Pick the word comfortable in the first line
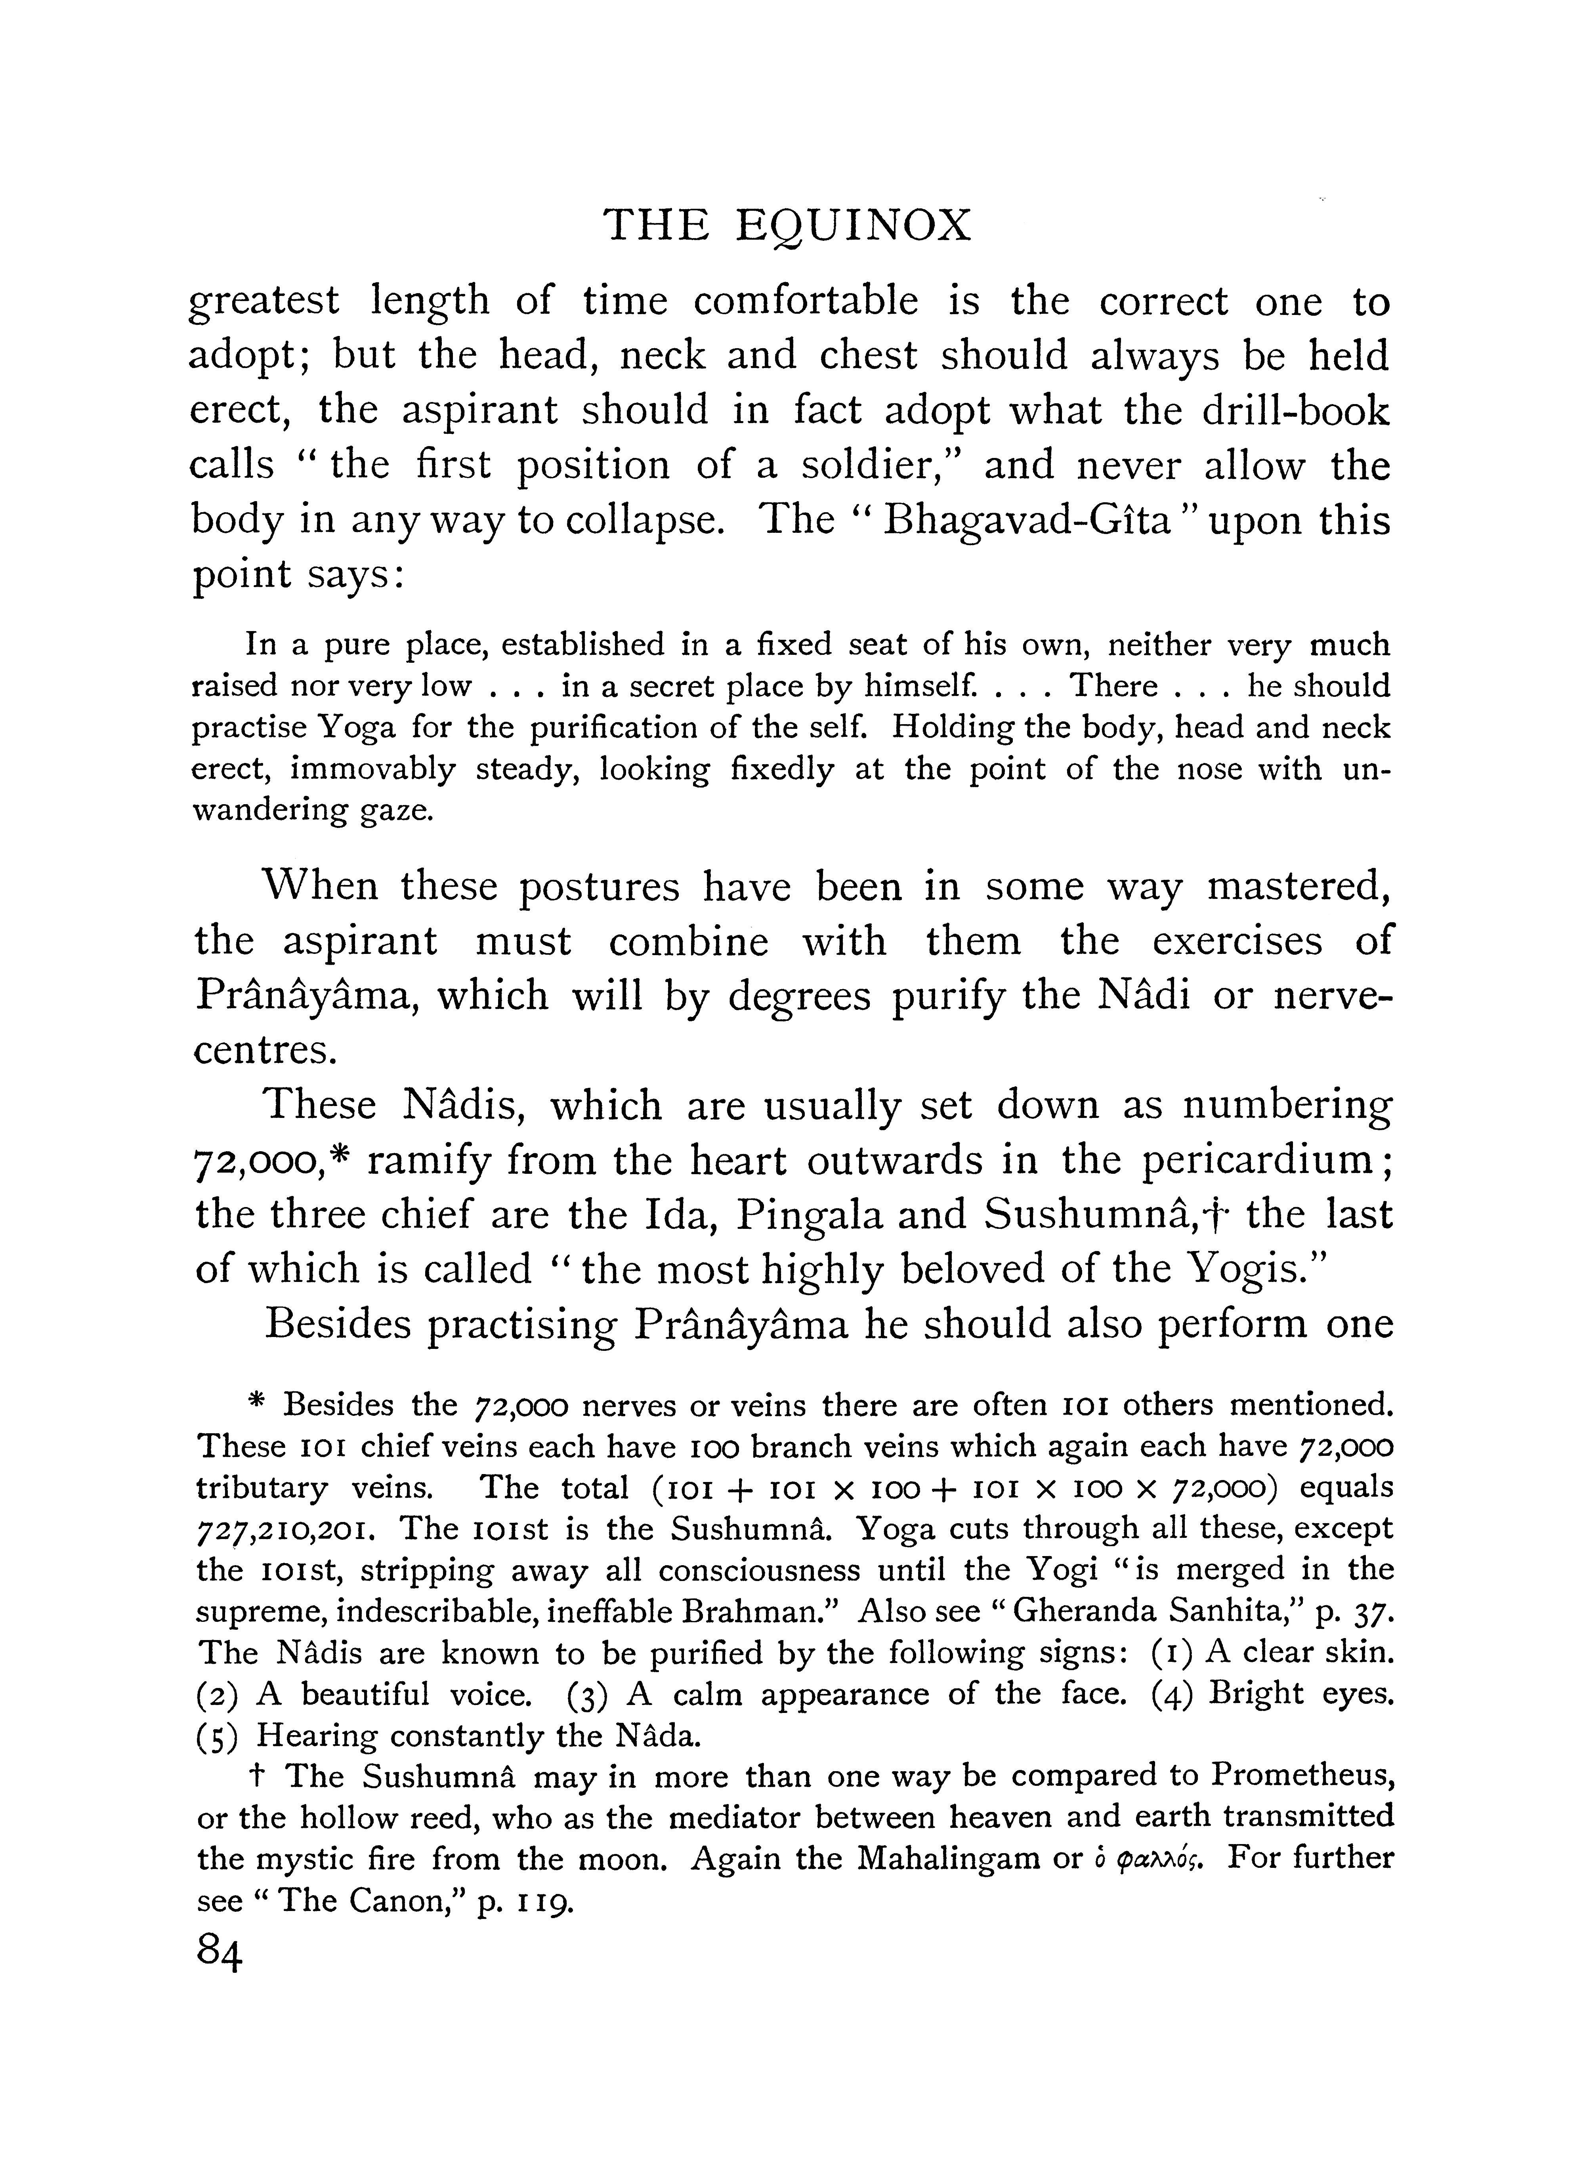pyautogui.click(x=805, y=302)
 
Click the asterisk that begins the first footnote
pyautogui.click(x=255, y=1404)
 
